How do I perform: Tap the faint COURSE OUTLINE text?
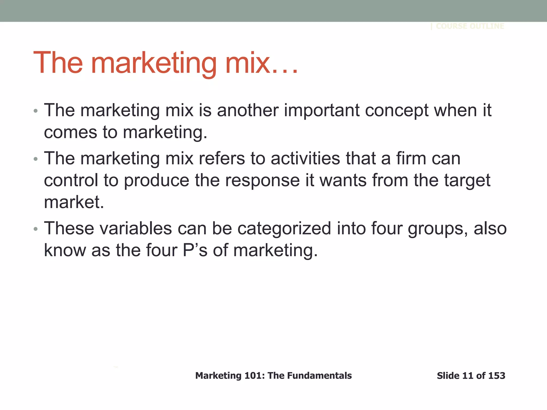[x=470, y=26]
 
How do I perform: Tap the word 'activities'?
[x=306, y=158]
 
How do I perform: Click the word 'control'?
[x=71, y=180]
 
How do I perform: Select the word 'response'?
[x=263, y=181]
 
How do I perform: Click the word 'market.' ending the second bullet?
[x=74, y=202]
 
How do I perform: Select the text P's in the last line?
[x=195, y=250]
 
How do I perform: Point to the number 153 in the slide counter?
[x=497, y=376]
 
